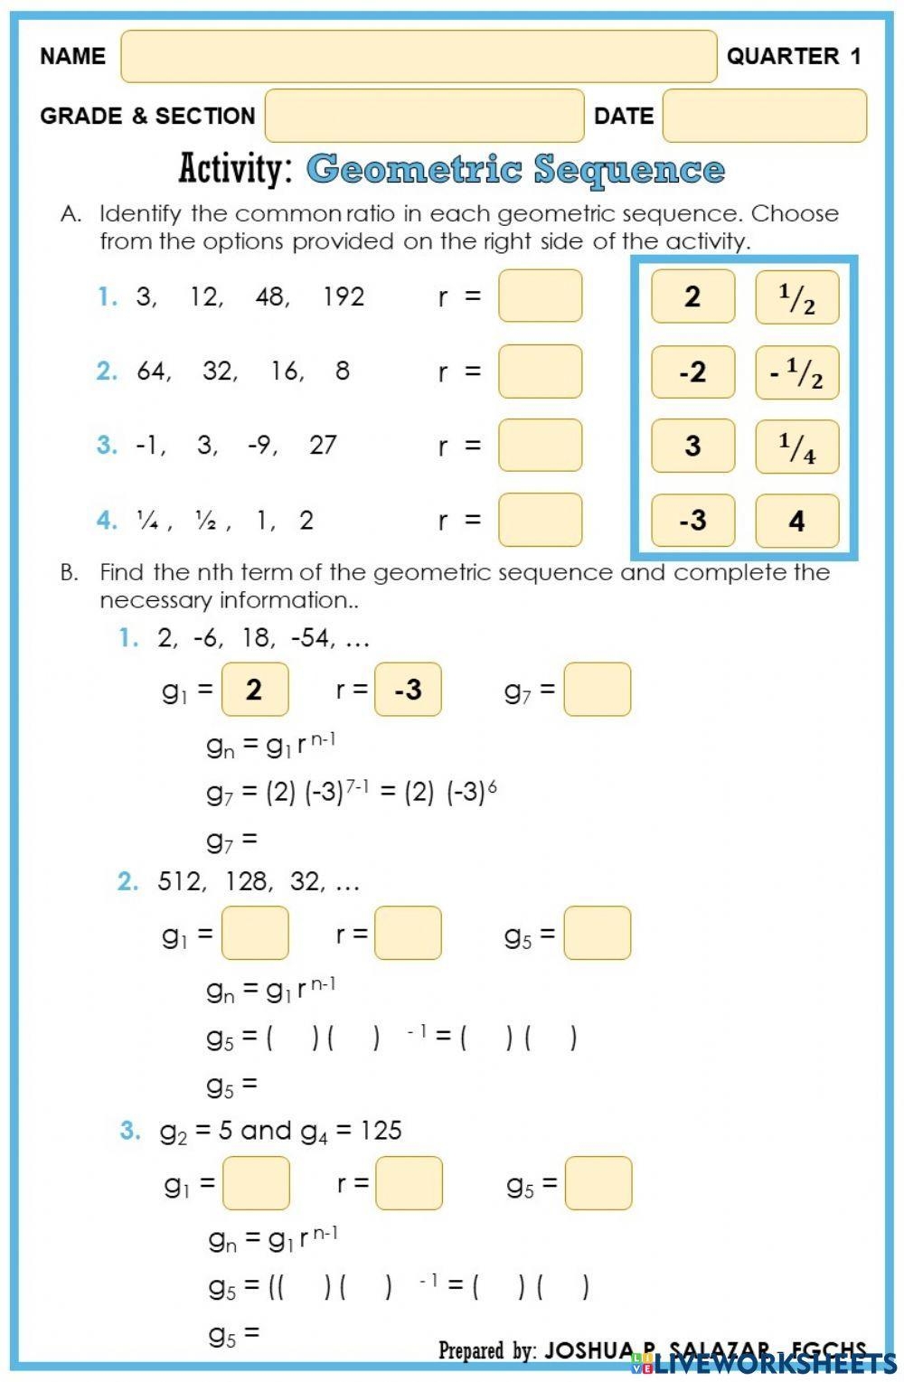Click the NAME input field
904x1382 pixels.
click(419, 56)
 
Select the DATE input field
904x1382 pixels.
click(764, 116)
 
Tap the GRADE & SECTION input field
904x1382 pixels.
click(424, 116)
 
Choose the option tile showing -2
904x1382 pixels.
click(692, 371)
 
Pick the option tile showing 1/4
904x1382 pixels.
click(796, 447)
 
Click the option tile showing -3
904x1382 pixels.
click(692, 521)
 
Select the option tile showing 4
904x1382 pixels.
click(796, 521)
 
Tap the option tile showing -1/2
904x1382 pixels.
click(796, 371)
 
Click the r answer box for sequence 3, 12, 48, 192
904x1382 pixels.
click(540, 296)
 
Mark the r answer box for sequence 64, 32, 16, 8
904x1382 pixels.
click(540, 371)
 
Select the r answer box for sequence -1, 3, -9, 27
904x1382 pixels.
click(540, 446)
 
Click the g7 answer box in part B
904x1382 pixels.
click(597, 690)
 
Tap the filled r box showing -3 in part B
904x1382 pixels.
click(408, 690)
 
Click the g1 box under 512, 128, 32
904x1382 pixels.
click(255, 933)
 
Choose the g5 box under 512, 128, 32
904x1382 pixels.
click(597, 933)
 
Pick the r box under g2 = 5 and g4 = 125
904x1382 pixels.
click(409, 1183)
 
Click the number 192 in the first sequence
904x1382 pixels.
click(344, 296)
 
